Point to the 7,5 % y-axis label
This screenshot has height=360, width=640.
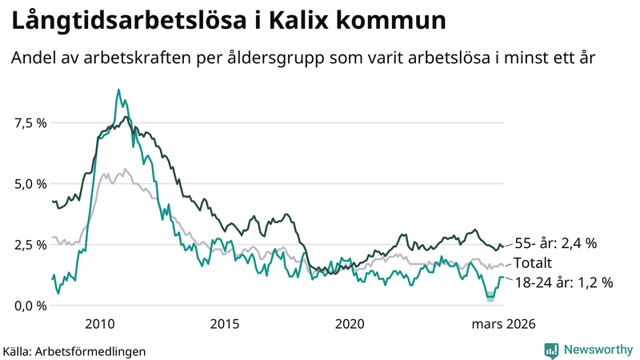click(30, 122)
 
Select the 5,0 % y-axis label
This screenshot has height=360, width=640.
click(30, 183)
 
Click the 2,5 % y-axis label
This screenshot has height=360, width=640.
click(30, 244)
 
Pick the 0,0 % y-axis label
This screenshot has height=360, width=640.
click(30, 305)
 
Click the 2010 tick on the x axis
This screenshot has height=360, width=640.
click(100, 324)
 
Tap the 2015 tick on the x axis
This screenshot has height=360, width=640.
click(225, 324)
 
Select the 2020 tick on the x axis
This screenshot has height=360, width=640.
click(350, 324)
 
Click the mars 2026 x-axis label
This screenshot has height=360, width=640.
click(502, 324)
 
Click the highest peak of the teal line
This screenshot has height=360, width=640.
click(118, 90)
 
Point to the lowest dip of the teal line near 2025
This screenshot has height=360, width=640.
click(490, 298)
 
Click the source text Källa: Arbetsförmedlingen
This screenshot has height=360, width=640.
click(74, 350)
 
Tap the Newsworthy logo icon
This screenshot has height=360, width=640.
click(551, 350)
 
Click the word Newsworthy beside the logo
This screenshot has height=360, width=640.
click(596, 350)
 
